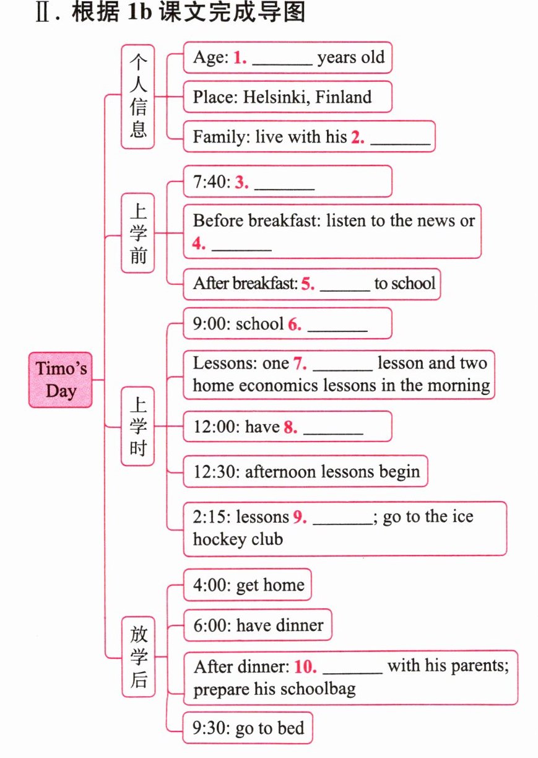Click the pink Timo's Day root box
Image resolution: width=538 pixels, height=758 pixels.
pos(60,380)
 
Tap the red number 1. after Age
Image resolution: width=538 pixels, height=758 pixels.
pos(240,58)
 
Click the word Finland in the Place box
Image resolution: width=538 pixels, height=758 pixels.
pos(343,97)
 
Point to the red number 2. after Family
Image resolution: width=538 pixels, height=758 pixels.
pos(358,137)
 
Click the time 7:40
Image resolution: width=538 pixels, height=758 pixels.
pos(212,181)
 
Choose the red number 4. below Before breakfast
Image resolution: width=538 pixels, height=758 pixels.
pos(199,243)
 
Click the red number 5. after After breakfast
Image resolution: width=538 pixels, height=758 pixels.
pos(308,284)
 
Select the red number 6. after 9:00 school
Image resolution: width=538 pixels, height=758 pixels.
pos(294,324)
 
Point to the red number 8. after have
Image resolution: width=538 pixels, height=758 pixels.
pos(290,427)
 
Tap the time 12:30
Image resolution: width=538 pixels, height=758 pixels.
pos(216,471)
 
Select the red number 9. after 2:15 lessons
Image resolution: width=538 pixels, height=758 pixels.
pos(300,517)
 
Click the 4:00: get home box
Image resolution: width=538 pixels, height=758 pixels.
pos(248,585)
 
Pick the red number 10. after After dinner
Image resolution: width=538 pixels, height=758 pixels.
pos(305,666)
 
